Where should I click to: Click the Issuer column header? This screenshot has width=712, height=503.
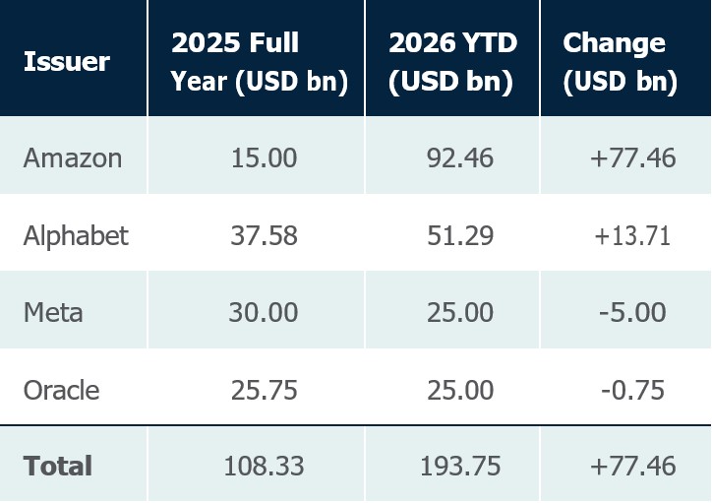(67, 61)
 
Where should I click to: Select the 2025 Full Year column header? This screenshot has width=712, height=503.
(260, 62)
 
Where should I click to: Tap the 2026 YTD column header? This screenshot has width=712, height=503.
(452, 62)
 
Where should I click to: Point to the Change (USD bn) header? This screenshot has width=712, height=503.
(620, 62)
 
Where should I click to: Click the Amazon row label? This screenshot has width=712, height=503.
(73, 158)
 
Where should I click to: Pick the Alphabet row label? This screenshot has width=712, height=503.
(76, 236)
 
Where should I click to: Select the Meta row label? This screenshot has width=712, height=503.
(53, 313)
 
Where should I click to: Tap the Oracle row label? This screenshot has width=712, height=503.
(61, 391)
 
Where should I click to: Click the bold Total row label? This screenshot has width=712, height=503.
(58, 467)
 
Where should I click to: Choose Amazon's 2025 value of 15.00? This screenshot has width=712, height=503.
(264, 158)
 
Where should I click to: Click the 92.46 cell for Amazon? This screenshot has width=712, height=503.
(460, 158)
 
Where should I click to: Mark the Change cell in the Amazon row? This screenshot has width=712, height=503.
(633, 158)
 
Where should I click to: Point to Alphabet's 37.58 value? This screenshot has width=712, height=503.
(264, 236)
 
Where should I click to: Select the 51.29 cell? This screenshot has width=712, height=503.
(460, 236)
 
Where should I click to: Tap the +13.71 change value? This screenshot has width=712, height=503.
(632, 236)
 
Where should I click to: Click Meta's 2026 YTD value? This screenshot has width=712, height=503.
(460, 313)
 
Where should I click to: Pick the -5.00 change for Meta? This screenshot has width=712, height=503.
(632, 313)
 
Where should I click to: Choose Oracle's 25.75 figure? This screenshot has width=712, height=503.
(264, 391)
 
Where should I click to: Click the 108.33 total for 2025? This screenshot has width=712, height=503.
(264, 467)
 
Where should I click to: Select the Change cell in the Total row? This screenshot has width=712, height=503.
(633, 467)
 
